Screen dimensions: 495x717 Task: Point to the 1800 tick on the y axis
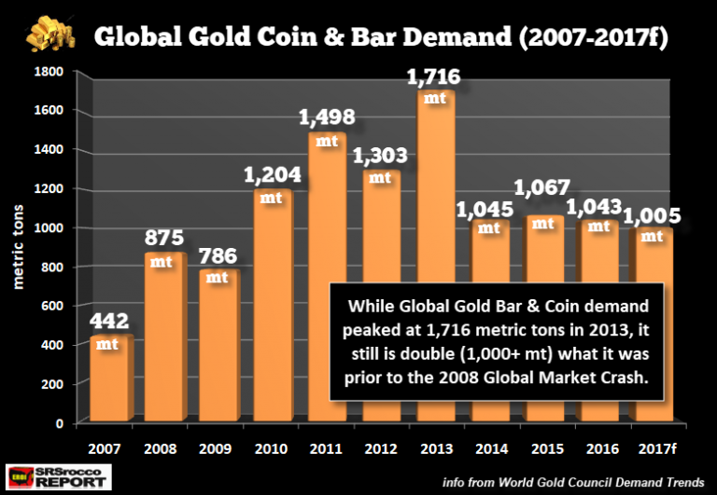[49, 71]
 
